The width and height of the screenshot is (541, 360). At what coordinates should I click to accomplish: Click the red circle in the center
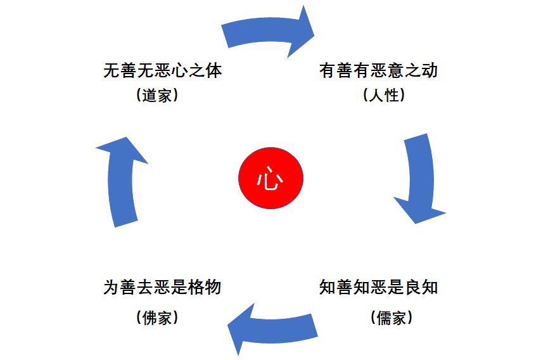270,178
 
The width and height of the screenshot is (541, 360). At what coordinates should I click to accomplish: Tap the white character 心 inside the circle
270,179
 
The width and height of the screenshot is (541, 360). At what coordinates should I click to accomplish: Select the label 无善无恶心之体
163,70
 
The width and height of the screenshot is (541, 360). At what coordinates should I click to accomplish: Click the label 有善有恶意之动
378,70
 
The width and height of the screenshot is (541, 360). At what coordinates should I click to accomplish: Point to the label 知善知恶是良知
378,287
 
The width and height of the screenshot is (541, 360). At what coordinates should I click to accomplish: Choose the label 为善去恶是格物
163,287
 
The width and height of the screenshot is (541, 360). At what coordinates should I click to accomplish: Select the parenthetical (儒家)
391,317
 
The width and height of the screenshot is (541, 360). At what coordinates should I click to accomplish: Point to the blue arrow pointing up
122,181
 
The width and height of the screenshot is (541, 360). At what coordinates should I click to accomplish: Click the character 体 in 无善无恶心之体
214,70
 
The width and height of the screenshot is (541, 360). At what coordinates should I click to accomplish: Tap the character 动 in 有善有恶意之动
430,70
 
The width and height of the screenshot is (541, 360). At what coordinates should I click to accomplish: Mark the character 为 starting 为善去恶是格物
111,287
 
